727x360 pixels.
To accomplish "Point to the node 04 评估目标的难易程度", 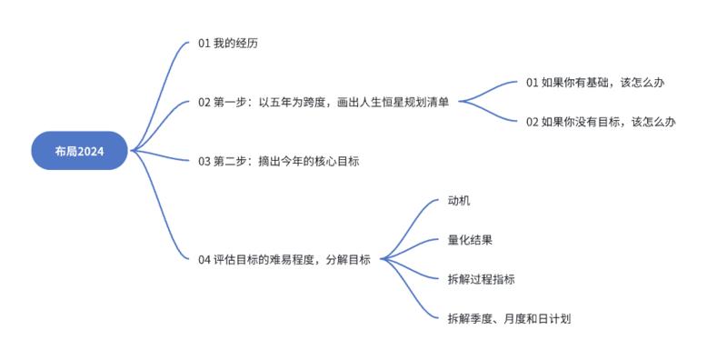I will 284,260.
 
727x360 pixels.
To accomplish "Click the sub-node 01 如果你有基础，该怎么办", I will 595,82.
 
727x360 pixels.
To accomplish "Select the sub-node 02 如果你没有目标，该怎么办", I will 601,121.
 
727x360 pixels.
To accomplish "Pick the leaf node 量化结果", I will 471,240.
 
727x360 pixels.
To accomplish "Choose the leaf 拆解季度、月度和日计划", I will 509,318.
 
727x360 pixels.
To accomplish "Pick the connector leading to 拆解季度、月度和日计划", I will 413,295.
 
